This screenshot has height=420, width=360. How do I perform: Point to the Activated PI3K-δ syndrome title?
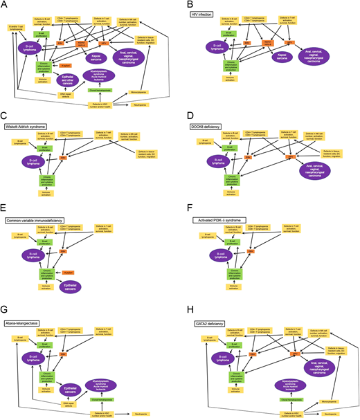[220, 220]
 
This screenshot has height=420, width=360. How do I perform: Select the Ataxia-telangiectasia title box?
[27, 323]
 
